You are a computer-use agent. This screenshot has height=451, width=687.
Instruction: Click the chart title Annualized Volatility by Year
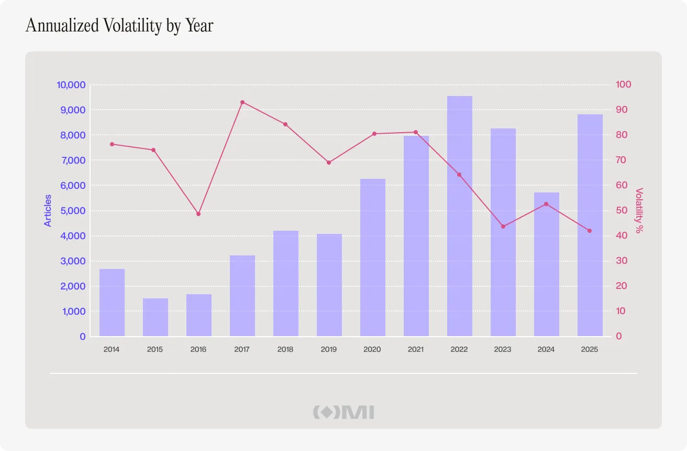119,26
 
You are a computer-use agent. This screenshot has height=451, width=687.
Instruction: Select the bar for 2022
460,216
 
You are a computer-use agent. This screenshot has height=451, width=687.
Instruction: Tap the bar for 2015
156,317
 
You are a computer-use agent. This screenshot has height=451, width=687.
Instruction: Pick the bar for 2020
373,257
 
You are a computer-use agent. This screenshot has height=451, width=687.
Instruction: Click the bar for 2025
590,225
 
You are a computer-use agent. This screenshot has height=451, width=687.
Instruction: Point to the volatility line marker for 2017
242,102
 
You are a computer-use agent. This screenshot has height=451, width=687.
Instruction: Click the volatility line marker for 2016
198,214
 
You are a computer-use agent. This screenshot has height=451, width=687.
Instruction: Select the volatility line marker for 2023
503,227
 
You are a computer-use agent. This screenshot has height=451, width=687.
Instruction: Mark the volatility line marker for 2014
112,144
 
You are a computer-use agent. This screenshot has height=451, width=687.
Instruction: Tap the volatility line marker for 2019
329,163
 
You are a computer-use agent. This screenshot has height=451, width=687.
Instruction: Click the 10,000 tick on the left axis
71,85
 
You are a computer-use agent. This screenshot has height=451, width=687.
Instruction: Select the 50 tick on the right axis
621,210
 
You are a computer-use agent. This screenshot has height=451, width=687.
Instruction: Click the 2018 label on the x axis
285,349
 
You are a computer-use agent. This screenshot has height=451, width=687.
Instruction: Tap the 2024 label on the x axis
546,349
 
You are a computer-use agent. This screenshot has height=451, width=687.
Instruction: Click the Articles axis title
48,210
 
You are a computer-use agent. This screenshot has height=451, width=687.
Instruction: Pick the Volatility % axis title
639,211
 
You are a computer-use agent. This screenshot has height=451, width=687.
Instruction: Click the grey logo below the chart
344,412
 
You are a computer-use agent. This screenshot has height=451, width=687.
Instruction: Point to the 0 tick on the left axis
83,336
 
